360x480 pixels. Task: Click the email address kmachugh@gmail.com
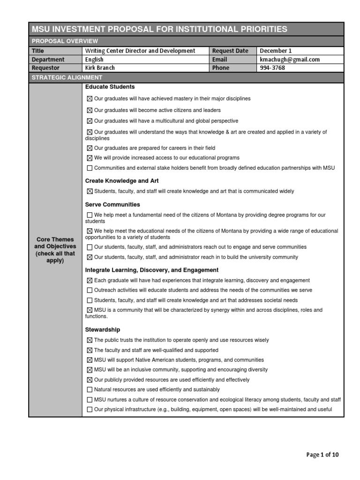[x=290, y=60]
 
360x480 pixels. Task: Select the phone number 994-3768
[x=272, y=68]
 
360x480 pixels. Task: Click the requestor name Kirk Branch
[x=100, y=68]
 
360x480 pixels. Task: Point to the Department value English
[x=94, y=60]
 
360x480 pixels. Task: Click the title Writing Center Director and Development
[x=140, y=51]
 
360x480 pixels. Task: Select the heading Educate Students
[x=110, y=87]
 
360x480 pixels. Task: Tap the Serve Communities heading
[x=112, y=205]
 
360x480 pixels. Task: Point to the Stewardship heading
[x=102, y=330]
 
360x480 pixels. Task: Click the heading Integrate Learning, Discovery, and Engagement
[x=151, y=270]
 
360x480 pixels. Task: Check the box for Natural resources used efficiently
[x=90, y=390]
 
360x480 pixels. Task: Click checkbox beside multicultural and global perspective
[x=90, y=121]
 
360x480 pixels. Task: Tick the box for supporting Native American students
[x=90, y=360]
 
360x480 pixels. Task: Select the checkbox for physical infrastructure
[x=90, y=410]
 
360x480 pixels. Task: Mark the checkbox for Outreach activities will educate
[x=90, y=291]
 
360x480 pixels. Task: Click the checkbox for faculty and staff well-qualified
[x=90, y=351]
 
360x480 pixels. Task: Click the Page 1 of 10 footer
[x=322, y=455]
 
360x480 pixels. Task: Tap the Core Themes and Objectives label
[x=55, y=250]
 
